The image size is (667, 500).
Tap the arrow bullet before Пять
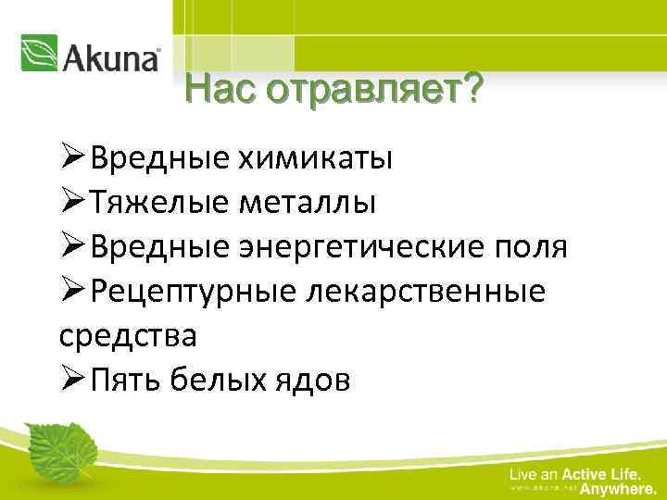[x=75, y=380]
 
